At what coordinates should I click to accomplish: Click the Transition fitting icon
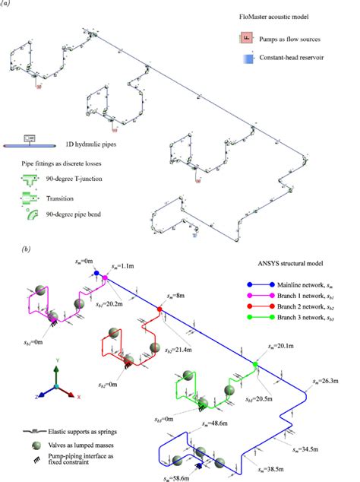click(30, 199)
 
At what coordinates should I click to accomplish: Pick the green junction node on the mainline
click(256, 366)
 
